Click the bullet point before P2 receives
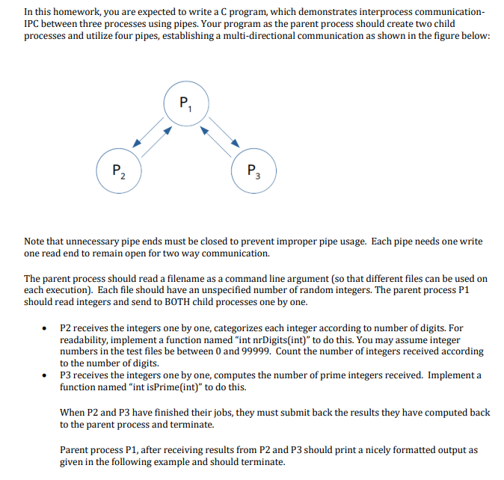pyautogui.click(x=46, y=327)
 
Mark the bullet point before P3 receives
pyautogui.click(x=46, y=375)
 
